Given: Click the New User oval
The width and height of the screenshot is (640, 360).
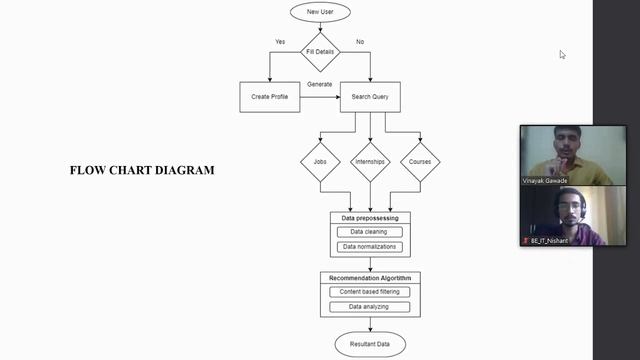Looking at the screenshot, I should pos(320,12).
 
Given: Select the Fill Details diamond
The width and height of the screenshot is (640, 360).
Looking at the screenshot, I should pos(320,51).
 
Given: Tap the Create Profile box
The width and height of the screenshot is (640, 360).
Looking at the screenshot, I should pos(270,97).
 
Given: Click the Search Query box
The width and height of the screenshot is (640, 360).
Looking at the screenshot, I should pos(370,97).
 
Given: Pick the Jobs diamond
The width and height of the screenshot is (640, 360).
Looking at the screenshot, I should pos(320,161).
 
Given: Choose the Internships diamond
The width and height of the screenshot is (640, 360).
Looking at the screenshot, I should pos(370,161).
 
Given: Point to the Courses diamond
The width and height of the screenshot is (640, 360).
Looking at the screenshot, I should pos(420,161).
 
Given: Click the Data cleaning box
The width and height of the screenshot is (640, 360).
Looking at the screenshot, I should pos(369,232).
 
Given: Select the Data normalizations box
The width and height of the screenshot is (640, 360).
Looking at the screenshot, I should pos(369,246).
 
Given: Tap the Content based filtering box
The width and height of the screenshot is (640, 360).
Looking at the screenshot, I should pos(369,292).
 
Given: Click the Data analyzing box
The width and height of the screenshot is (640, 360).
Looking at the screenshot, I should pos(369,306).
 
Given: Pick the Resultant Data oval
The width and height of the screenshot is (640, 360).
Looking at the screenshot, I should pos(370,344).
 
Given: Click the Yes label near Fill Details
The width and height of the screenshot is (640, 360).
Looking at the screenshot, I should pos(280,42).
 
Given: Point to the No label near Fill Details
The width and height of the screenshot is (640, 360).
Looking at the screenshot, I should pos(360,42).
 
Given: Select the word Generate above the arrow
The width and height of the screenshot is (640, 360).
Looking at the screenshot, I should pos(320,84).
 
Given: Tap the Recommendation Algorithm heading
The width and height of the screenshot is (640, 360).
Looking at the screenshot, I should pos(370,277).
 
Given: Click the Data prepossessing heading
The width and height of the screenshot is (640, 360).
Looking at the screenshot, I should pos(370,217).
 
